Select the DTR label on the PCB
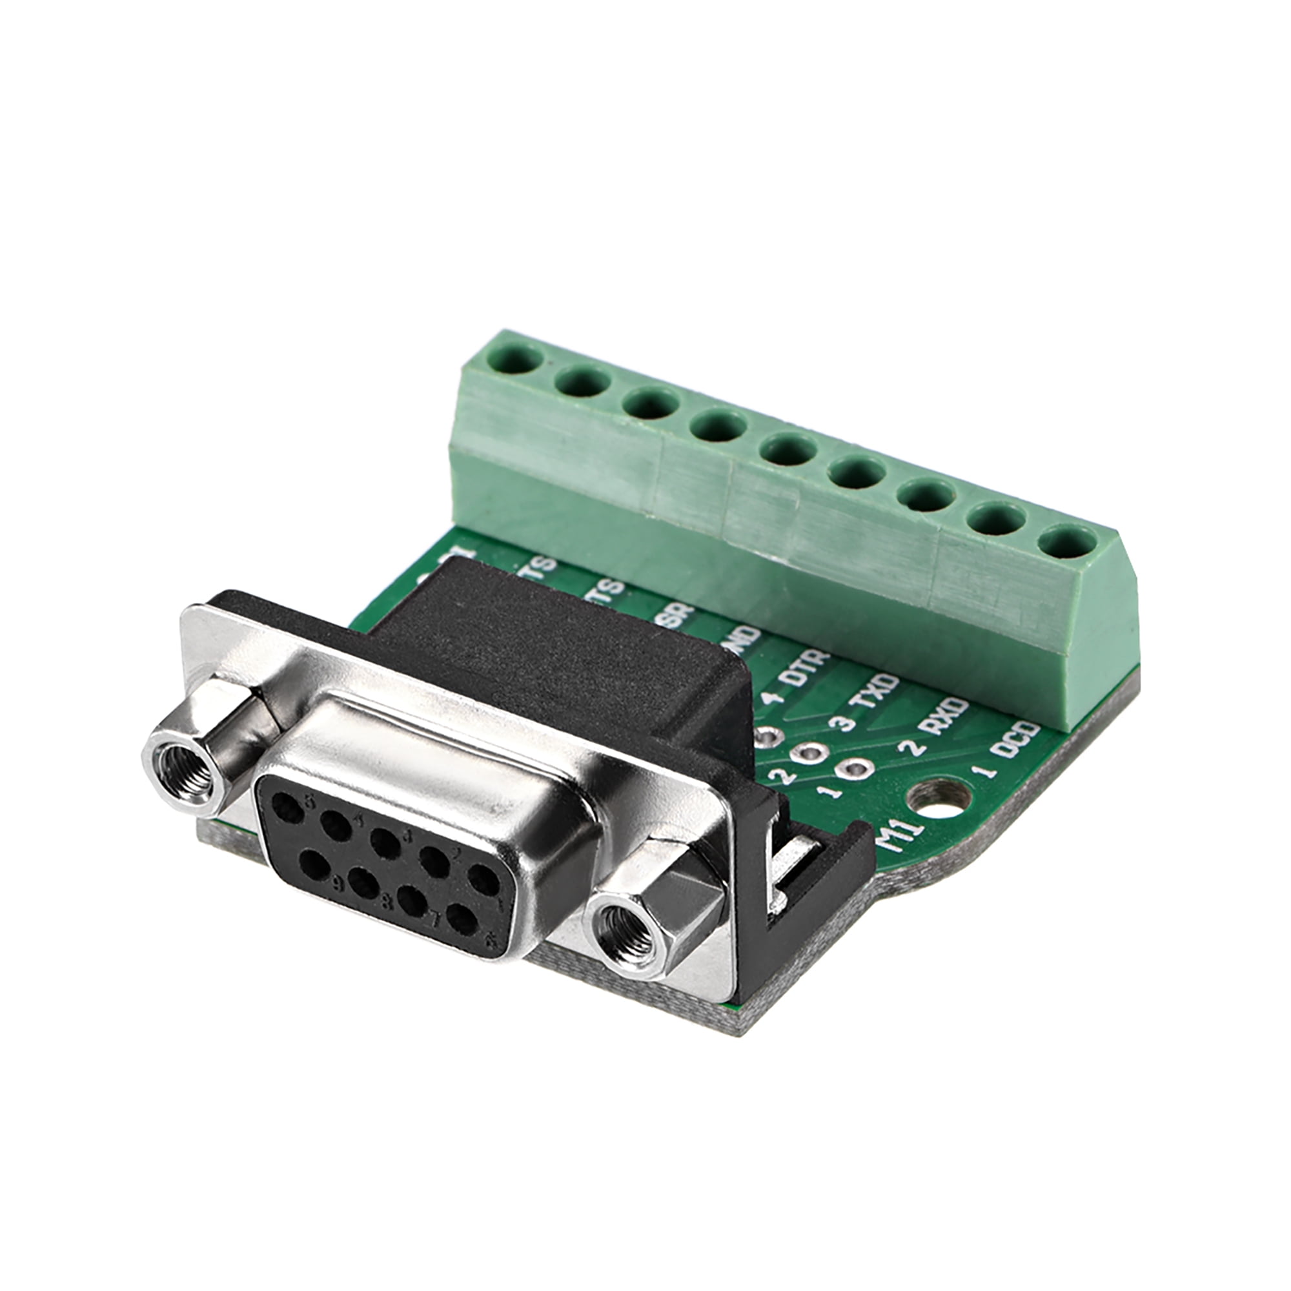tap(808, 666)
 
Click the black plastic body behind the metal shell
tap(534, 642)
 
